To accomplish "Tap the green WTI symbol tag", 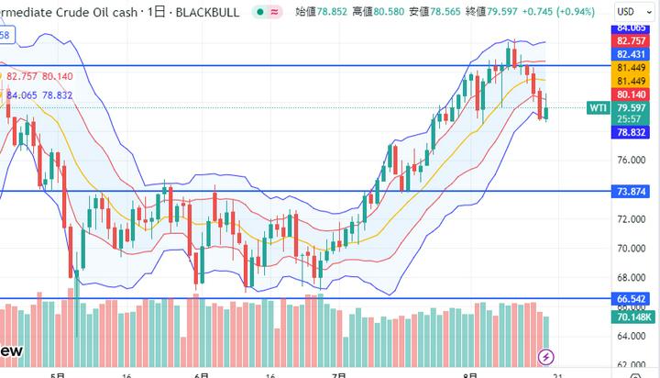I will pyautogui.click(x=598, y=108).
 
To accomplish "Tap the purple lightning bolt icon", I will pyautogui.click(x=547, y=356).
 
